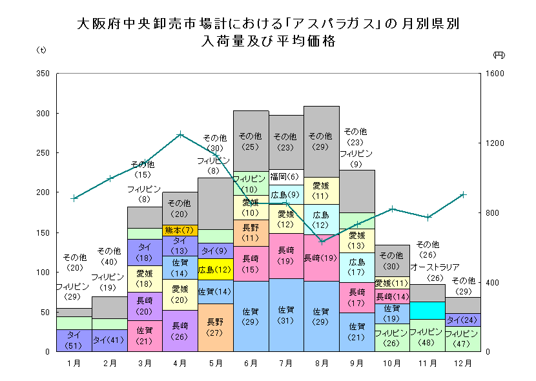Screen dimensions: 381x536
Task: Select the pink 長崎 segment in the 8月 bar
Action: [321, 258]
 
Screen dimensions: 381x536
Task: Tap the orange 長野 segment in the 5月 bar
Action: [215, 327]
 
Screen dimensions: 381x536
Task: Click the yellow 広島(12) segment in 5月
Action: [215, 269]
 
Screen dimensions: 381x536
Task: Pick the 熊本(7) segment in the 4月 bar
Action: [180, 230]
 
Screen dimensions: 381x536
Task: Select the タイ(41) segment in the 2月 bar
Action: [109, 340]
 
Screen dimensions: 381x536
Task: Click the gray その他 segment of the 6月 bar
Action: [251, 136]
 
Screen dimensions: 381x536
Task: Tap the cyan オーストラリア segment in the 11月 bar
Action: [426, 311]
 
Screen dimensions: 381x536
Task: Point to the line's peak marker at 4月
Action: [180, 134]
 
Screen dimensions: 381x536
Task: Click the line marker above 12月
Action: [462, 194]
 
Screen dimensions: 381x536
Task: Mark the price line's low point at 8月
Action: [322, 242]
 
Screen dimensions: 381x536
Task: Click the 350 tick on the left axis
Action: [43, 74]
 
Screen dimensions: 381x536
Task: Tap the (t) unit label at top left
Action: [40, 50]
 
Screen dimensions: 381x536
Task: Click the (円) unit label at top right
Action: [498, 55]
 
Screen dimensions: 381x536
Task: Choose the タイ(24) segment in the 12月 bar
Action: [462, 320]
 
